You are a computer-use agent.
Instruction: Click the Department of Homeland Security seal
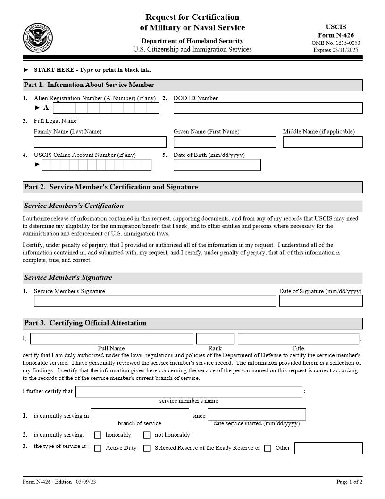(x=38, y=38)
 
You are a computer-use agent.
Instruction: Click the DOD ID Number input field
(x=268, y=108)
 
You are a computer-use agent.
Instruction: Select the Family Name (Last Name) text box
(x=100, y=142)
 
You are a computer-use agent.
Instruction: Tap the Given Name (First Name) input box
(x=225, y=142)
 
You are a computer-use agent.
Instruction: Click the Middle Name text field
(x=323, y=142)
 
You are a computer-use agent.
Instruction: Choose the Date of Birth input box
(x=217, y=164)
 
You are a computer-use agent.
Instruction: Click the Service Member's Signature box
(x=155, y=301)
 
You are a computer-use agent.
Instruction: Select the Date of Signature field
(x=321, y=301)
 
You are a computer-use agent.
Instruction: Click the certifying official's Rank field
(x=215, y=339)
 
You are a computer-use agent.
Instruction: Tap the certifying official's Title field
(x=298, y=339)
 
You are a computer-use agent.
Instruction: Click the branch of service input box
(x=140, y=414)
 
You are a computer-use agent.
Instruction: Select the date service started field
(x=257, y=414)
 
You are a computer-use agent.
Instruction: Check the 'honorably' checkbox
(x=98, y=435)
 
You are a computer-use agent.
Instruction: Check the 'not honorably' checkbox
(x=147, y=435)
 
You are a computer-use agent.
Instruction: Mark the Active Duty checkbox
(x=98, y=448)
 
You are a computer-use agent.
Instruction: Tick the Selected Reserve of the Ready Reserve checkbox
(x=147, y=448)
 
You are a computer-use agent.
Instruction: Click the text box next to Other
(x=328, y=448)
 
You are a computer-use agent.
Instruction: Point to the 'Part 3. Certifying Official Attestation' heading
(x=85, y=323)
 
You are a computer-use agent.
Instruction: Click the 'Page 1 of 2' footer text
(x=349, y=482)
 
